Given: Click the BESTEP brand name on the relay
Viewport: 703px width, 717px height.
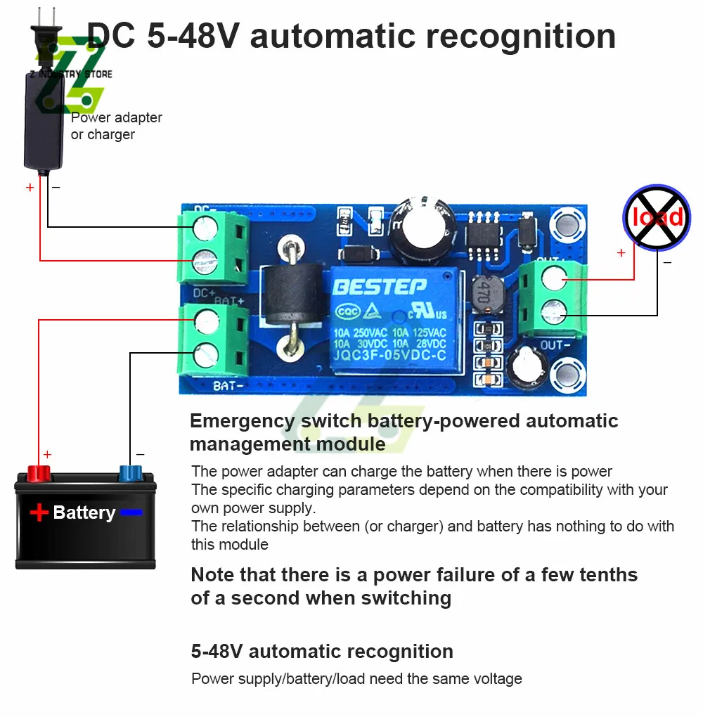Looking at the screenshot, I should [379, 287].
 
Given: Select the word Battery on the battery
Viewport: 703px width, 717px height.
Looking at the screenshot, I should [84, 512].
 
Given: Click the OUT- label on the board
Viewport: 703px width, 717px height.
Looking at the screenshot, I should [553, 345].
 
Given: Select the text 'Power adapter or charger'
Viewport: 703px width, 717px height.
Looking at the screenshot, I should [116, 126].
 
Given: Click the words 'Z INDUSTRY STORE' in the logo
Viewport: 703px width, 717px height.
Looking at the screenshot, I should [71, 74].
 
